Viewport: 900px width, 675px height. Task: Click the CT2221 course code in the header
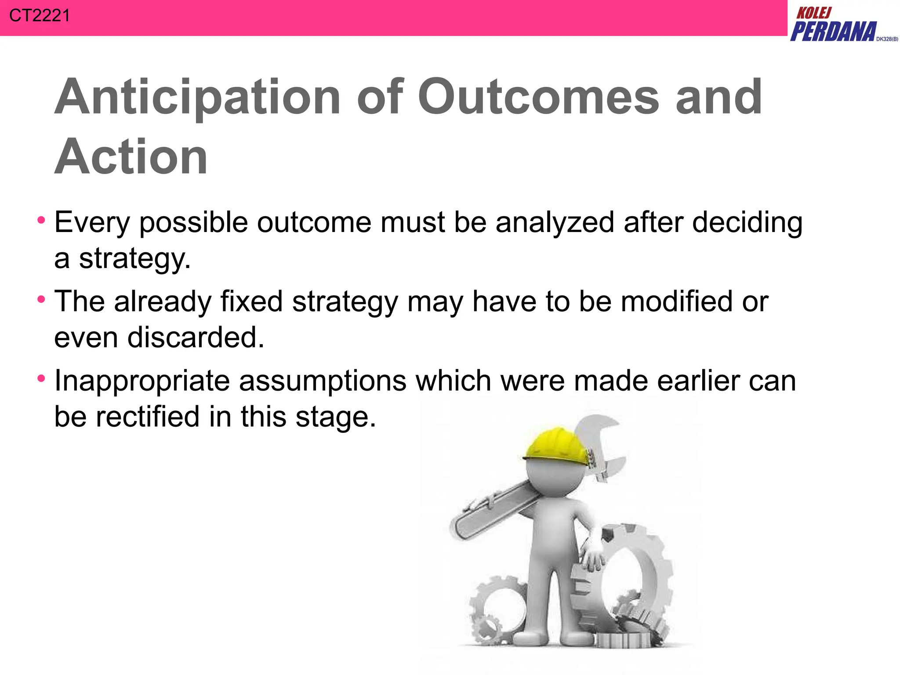point(39,16)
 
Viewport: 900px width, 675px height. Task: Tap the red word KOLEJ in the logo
point(814,13)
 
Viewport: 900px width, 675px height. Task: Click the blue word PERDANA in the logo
point(833,32)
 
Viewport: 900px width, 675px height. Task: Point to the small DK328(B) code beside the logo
point(887,39)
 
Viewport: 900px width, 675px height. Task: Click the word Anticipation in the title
point(197,98)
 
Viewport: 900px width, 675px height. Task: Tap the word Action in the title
point(131,157)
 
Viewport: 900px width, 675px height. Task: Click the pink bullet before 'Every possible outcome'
point(41,220)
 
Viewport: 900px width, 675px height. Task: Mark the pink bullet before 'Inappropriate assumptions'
point(41,378)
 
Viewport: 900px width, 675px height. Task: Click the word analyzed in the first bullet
point(555,222)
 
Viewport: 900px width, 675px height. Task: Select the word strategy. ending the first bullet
point(134,259)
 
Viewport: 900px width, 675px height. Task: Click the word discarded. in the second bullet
point(196,337)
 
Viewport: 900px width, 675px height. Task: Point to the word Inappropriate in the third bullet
point(142,381)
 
